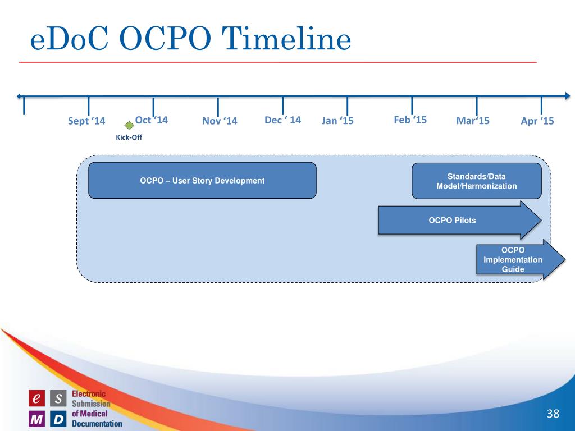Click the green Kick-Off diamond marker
click(x=129, y=126)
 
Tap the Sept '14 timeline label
click(x=86, y=121)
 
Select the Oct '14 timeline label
click(x=152, y=120)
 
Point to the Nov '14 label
click(x=220, y=121)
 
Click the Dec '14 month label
click(x=283, y=120)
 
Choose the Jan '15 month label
click(x=337, y=121)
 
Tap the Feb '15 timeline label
click(x=410, y=120)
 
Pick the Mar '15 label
click(x=473, y=121)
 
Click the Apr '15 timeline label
click(x=537, y=121)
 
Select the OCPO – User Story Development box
click(x=202, y=180)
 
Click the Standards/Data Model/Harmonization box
click(x=477, y=181)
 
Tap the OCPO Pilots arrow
click(x=460, y=220)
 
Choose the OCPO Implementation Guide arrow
click(x=521, y=259)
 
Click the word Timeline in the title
click(x=286, y=39)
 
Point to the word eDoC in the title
click(x=69, y=39)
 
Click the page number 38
click(x=553, y=414)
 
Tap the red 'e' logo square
click(x=36, y=398)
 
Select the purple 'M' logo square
click(x=36, y=419)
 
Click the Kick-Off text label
click(x=129, y=137)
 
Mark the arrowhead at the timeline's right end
click(x=568, y=96)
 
